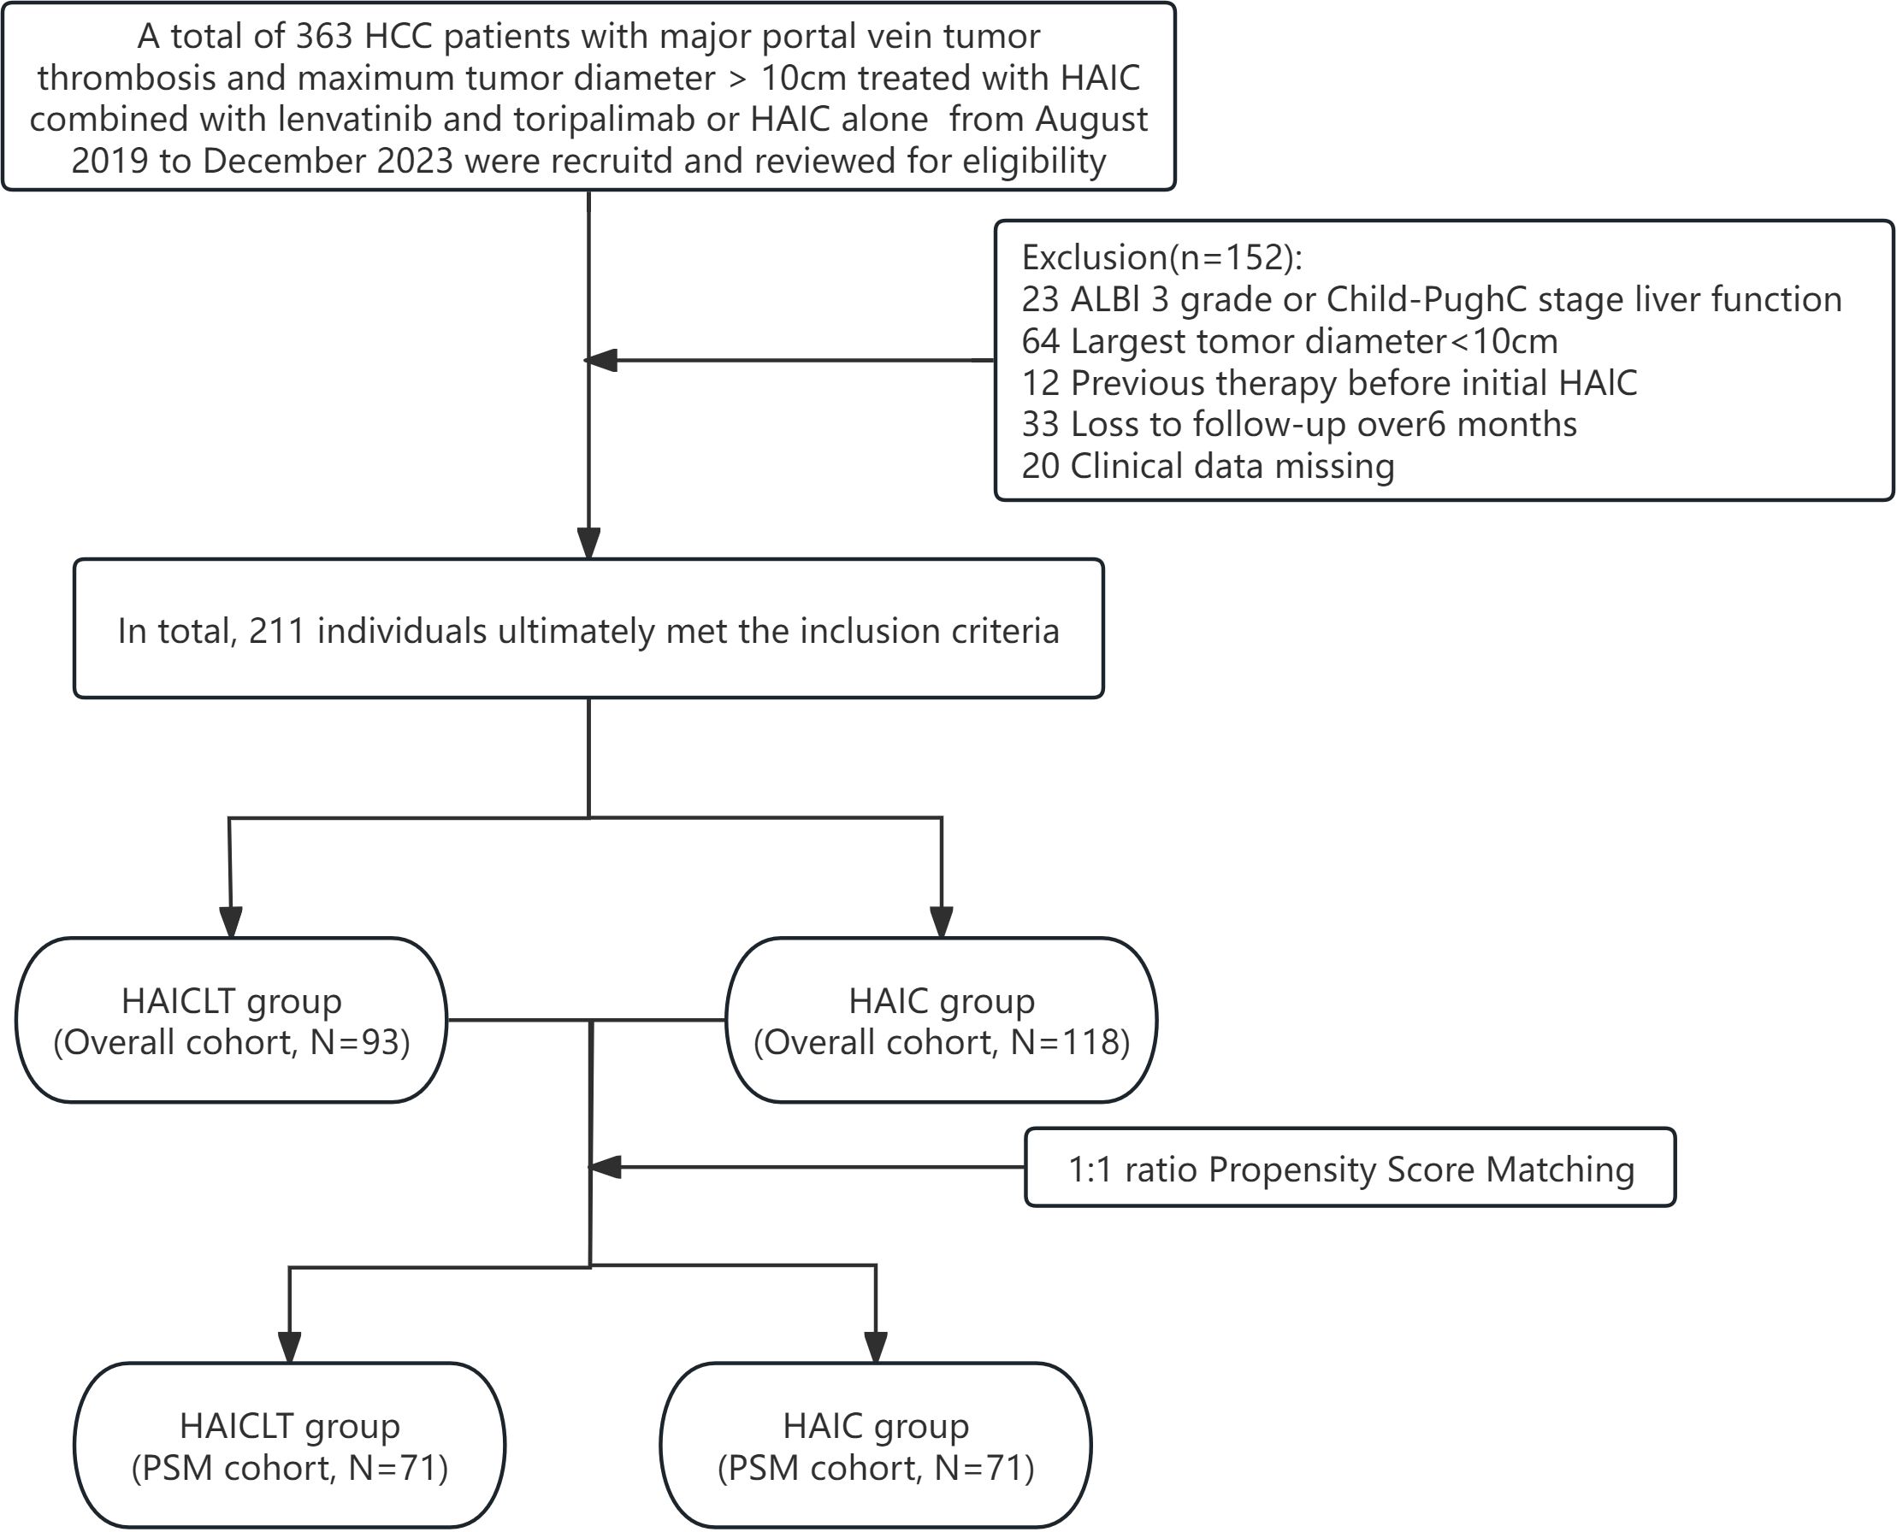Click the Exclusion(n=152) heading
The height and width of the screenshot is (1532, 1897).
pos(1161,257)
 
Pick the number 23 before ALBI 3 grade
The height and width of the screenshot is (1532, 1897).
pos(1040,300)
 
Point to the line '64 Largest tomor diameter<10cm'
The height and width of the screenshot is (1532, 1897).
pos(1289,341)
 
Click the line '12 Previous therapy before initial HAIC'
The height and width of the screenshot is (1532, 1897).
pos(1328,383)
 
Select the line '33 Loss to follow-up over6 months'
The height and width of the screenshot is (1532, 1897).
pos(1298,425)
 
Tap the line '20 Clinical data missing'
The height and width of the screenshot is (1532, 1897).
pos(1208,467)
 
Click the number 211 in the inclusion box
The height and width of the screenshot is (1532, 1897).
pos(276,632)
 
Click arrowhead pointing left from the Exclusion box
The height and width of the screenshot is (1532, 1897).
pos(600,360)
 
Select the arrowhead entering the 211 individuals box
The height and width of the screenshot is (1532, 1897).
pos(588,543)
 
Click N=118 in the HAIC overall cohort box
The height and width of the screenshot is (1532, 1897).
pos(1069,1043)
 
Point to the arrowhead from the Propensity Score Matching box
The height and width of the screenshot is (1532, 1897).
pos(605,1168)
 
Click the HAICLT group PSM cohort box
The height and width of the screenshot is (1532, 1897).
pos(290,1446)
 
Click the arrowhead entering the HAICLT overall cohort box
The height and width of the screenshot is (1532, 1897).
pos(230,922)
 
